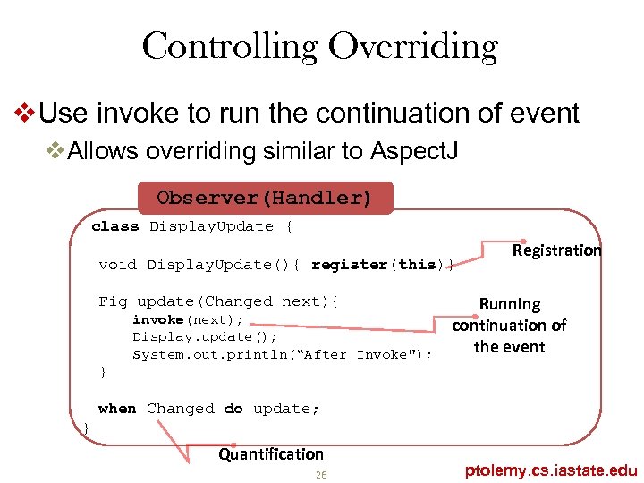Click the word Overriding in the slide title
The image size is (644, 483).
414,47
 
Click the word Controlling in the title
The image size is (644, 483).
229,47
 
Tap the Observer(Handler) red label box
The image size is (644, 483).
264,198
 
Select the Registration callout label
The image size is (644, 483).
556,250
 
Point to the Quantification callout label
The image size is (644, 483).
271,454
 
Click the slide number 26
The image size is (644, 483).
321,474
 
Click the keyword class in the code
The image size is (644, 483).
115,226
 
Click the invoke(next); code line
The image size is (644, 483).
188,319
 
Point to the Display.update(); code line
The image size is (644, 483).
205,336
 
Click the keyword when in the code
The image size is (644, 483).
117,409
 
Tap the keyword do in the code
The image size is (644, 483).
233,409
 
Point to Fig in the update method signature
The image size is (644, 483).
113,301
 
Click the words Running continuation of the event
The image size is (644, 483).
509,326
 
